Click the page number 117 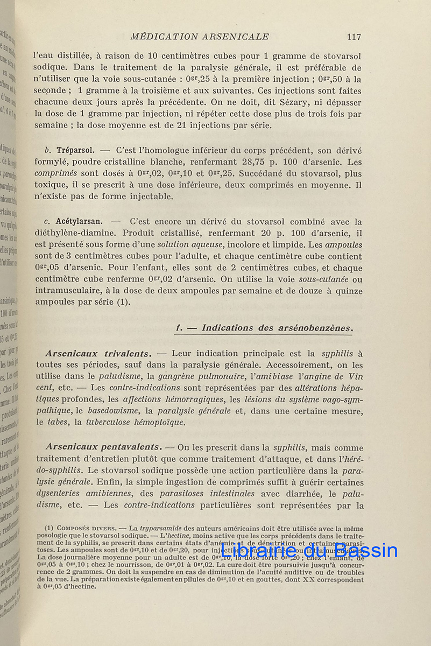(x=354, y=37)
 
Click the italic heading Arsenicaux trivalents (x=97, y=353)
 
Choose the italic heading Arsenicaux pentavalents (x=103, y=446)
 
